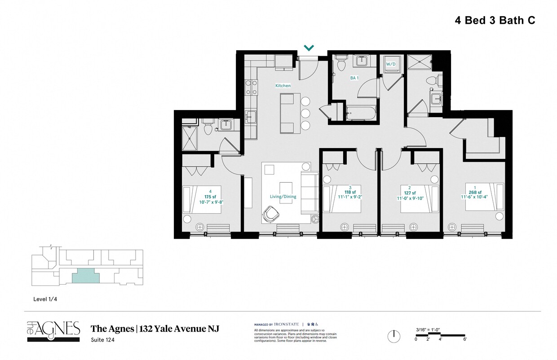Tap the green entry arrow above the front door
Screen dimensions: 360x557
(309, 48)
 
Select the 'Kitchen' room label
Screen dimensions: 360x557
(283, 85)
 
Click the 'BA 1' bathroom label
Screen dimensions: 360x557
(354, 78)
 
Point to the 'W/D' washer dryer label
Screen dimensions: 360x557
(391, 64)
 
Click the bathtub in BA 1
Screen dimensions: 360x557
(361, 113)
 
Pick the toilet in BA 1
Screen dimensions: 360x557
(340, 64)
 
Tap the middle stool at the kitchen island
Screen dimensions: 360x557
(306, 113)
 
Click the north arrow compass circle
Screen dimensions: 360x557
(393, 336)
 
